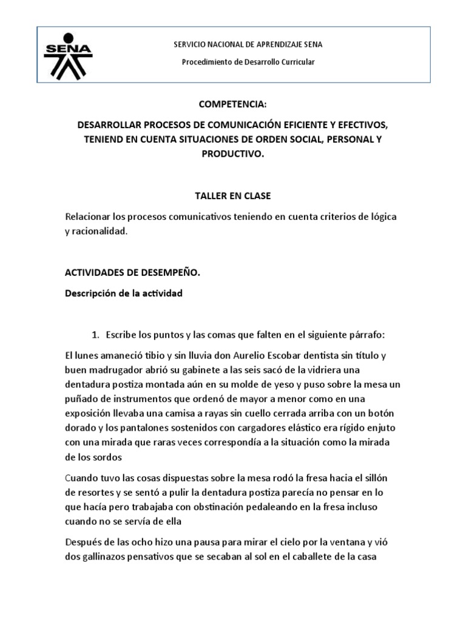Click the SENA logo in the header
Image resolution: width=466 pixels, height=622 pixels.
[x=69, y=54]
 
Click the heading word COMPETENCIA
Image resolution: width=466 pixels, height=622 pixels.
[x=233, y=105]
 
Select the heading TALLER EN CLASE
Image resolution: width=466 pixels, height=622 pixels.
[x=232, y=196]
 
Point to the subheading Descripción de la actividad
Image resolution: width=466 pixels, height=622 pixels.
[x=123, y=293]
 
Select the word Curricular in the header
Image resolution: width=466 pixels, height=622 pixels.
[x=297, y=63]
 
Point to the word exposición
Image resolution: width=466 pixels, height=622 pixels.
[x=90, y=413]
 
